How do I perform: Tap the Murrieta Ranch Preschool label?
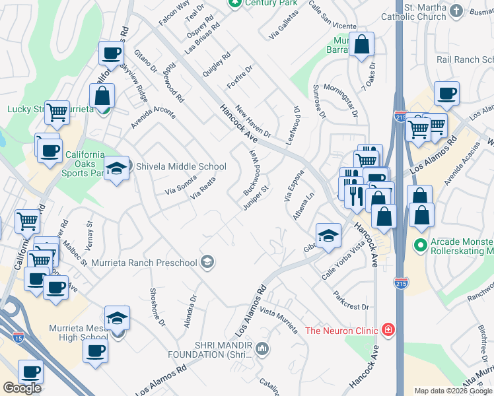(145, 263)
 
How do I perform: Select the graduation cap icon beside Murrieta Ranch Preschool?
(207, 263)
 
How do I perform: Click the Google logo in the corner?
(22, 388)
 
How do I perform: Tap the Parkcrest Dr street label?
(350, 301)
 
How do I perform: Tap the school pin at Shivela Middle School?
(117, 169)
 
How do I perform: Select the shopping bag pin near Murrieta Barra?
(361, 46)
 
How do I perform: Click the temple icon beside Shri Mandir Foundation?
(262, 348)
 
